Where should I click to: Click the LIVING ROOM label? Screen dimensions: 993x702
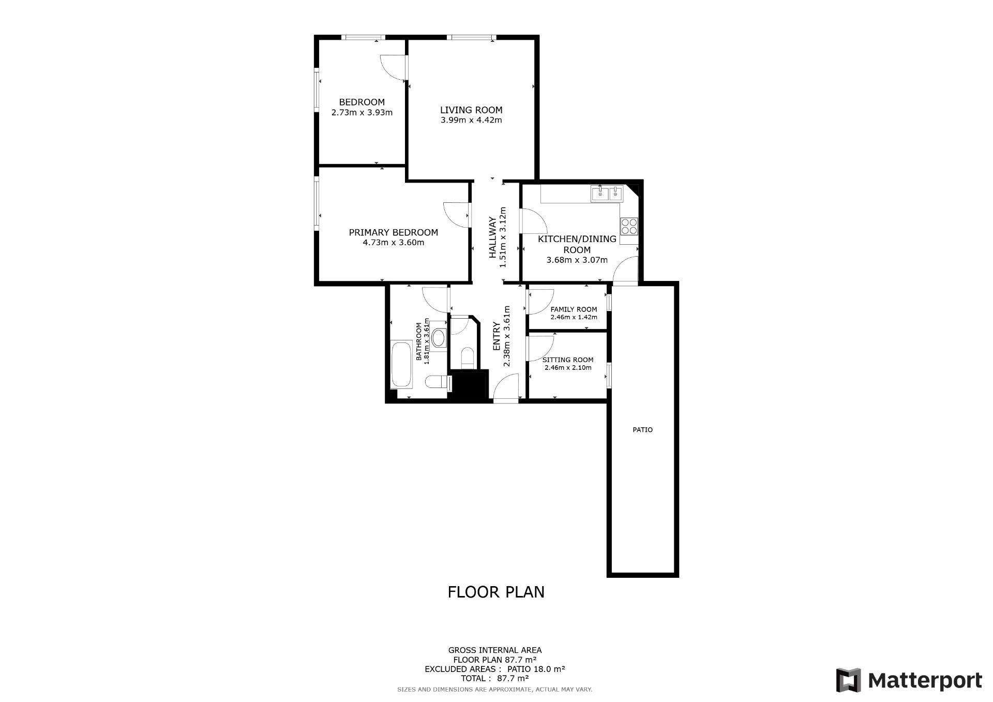[x=471, y=110]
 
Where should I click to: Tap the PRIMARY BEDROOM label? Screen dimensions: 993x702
[x=394, y=233]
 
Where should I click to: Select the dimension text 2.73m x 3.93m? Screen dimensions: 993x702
[x=362, y=112]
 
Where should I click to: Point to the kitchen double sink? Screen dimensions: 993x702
[x=607, y=194]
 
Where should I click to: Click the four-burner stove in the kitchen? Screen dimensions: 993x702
[x=629, y=226]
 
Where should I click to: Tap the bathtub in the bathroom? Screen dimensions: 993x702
[x=401, y=365]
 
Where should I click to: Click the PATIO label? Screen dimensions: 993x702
[x=643, y=430]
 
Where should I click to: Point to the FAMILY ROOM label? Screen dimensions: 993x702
[x=574, y=309]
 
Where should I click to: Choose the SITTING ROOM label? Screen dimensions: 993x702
[x=568, y=360]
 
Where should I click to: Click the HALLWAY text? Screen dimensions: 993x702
[x=493, y=237]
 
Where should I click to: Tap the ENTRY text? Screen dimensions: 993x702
[x=496, y=337]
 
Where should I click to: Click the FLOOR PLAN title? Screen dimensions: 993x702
[x=496, y=592]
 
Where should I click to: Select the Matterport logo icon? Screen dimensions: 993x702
[x=848, y=681]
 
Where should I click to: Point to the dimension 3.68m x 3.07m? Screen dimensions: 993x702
[x=577, y=260]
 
